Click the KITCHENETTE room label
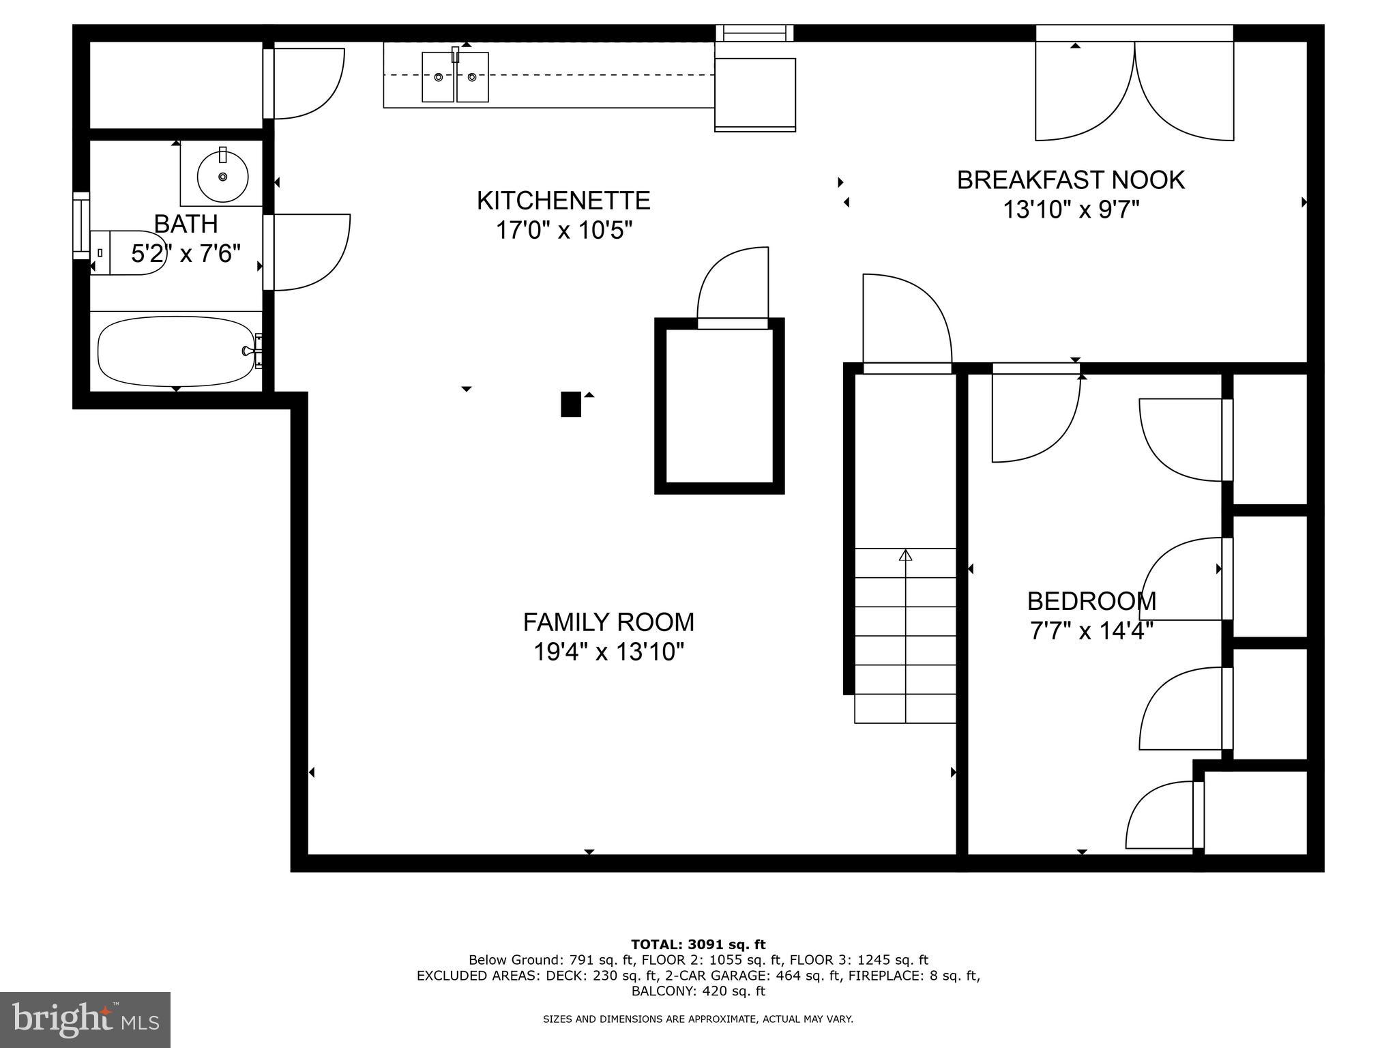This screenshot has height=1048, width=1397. click(563, 201)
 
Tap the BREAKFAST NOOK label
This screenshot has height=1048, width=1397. click(1070, 180)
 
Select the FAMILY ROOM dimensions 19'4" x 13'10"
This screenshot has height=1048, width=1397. click(608, 652)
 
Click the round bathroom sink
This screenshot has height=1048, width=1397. click(222, 175)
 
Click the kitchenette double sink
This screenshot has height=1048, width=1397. click(455, 77)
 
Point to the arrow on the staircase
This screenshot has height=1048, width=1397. click(905, 555)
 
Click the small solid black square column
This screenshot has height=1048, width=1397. click(570, 404)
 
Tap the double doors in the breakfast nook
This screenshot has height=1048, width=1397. click(1134, 92)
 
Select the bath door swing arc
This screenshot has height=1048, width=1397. click(310, 252)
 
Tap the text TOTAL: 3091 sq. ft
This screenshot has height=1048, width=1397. click(698, 945)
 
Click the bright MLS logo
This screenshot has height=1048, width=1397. click(85, 1020)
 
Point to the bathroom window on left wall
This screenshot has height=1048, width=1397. click(81, 225)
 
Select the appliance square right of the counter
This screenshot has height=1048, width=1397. click(755, 93)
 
